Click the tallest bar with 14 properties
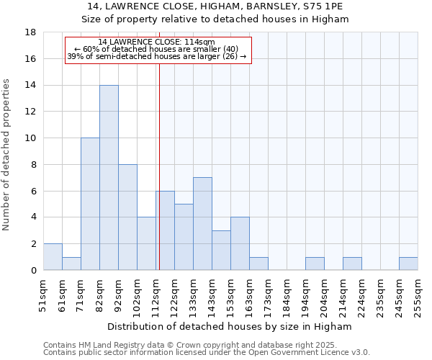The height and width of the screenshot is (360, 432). (x=109, y=177)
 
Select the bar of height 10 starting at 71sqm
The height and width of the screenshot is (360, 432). (x=90, y=204)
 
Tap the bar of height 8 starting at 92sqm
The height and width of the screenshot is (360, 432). (x=127, y=217)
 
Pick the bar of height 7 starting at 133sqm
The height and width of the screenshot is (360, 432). (x=202, y=223)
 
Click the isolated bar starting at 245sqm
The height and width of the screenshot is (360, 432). (x=408, y=264)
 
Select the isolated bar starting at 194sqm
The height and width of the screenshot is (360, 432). (x=315, y=264)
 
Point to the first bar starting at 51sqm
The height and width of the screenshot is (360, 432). (x=53, y=256)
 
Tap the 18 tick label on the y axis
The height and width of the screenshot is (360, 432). (x=30, y=32)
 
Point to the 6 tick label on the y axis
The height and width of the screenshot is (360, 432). (x=33, y=191)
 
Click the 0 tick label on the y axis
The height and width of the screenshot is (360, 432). (x=33, y=270)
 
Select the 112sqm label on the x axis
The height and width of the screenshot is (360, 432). (x=156, y=294)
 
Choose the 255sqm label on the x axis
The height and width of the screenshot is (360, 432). (x=418, y=294)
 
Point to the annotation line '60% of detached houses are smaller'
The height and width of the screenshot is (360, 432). (x=156, y=49)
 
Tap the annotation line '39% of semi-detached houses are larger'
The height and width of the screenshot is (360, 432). (x=156, y=56)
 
